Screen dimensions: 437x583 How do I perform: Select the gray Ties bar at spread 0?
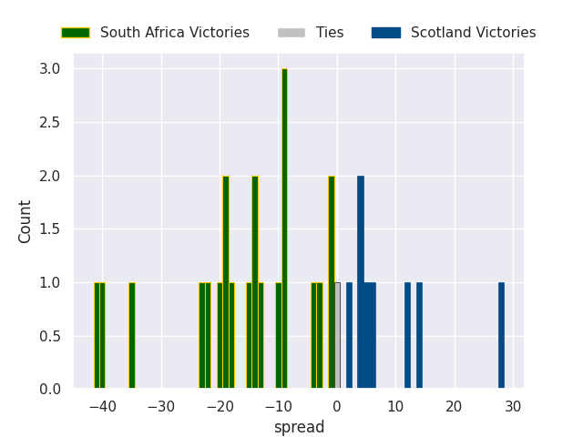coord(337,336)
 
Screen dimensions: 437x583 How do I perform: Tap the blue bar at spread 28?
coord(501,336)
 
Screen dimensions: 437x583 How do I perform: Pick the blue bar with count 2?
coord(361,282)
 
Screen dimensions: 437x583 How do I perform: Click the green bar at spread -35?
coord(132,336)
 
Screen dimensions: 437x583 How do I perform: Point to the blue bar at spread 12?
coord(407,336)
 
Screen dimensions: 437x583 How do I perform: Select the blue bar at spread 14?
coord(419,336)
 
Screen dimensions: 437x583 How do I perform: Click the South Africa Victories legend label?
coord(174,33)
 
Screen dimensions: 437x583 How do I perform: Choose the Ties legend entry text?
coord(330,33)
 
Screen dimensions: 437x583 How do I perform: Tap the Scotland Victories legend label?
coord(473,33)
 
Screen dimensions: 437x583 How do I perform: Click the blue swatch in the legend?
coord(385,33)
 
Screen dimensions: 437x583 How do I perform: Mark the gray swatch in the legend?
coord(292,33)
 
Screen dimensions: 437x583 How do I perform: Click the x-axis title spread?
coord(299,427)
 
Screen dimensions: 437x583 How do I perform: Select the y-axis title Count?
coord(26,221)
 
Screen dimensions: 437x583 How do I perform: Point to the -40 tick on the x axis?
coord(102,406)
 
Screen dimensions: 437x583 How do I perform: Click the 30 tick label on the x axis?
coord(513,406)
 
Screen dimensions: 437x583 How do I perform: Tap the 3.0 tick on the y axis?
coord(50,69)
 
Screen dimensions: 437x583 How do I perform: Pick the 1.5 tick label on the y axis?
coord(50,229)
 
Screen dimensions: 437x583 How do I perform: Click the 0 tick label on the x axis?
coord(337,406)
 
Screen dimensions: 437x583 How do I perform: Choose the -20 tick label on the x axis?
coord(220,406)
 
